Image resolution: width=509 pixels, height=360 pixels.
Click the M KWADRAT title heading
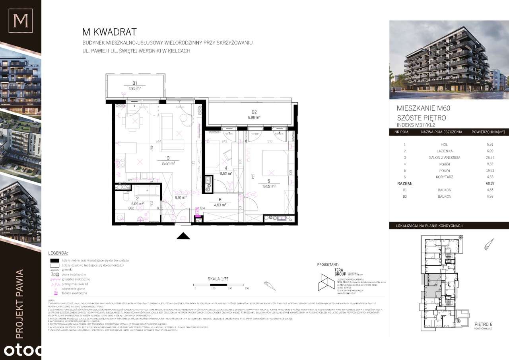(109, 32)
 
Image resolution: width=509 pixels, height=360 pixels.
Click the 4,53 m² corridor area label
(220, 205)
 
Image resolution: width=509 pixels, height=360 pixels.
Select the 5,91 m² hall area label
(181, 197)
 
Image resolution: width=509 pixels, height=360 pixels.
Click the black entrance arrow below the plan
(183, 236)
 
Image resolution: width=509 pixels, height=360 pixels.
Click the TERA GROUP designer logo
(328, 278)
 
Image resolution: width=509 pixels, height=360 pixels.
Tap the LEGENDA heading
(58, 253)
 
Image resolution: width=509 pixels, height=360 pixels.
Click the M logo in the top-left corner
(20, 20)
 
